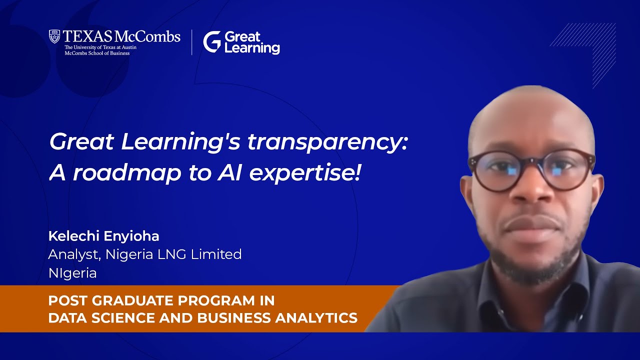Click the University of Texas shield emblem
(x=54, y=36)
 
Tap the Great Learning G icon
(x=211, y=41)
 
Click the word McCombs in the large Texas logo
(x=147, y=36)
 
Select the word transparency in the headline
(x=328, y=143)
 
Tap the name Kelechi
(x=72, y=236)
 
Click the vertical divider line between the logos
(x=192, y=42)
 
